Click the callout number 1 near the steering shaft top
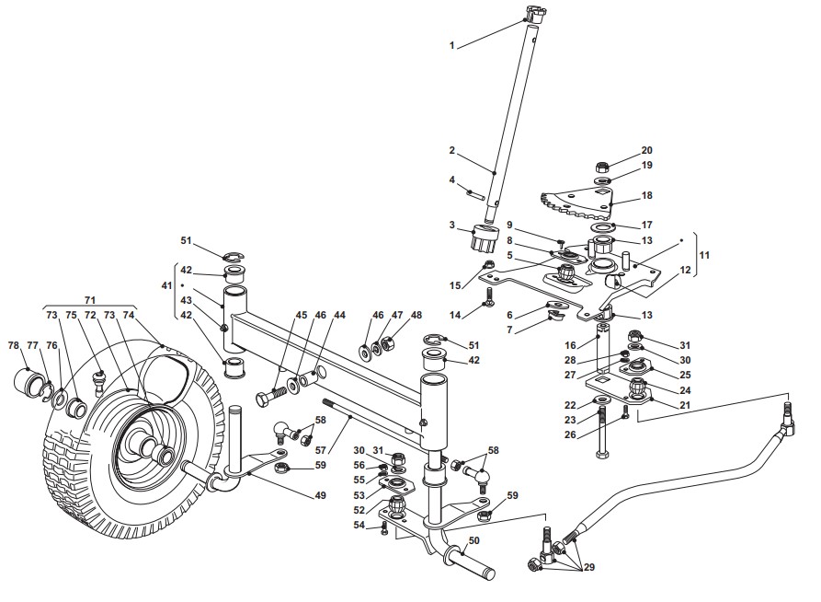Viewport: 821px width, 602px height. pyautogui.click(x=451, y=46)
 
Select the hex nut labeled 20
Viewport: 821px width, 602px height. pyautogui.click(x=603, y=168)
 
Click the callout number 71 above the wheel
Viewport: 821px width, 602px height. pyautogui.click(x=89, y=300)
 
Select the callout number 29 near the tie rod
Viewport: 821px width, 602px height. pyautogui.click(x=588, y=567)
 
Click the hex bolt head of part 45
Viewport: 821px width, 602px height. pyautogui.click(x=263, y=398)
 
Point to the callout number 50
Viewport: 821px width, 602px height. pyautogui.click(x=473, y=540)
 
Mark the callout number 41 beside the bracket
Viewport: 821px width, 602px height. pyautogui.click(x=166, y=285)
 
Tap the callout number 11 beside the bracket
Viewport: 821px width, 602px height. pyautogui.click(x=704, y=255)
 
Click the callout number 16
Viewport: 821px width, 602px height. pyautogui.click(x=570, y=345)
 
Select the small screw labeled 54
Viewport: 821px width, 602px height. pyautogui.click(x=383, y=528)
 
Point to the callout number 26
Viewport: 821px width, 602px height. pyautogui.click(x=570, y=434)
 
